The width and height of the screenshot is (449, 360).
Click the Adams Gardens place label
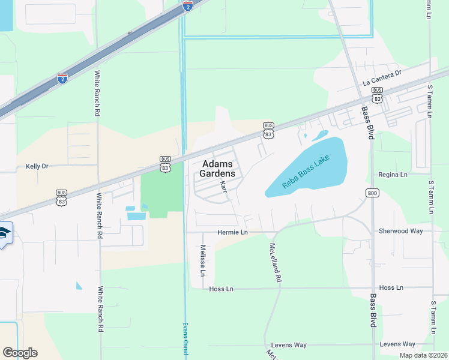tap(221, 169)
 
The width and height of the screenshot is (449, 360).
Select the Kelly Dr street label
tap(37, 166)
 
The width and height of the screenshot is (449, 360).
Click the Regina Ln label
tap(393, 175)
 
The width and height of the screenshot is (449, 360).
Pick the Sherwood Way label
tap(400, 231)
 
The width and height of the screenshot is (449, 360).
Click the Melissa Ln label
tap(203, 260)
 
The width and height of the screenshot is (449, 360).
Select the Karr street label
tap(224, 187)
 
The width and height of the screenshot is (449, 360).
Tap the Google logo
tap(20, 353)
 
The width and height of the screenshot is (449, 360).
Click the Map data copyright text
tap(423, 355)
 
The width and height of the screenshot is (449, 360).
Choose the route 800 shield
tap(372, 192)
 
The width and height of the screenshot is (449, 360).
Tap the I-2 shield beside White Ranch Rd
tap(62, 78)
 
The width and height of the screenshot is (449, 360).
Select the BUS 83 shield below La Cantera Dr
tap(377, 93)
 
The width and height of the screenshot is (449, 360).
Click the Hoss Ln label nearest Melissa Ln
tap(220, 289)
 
